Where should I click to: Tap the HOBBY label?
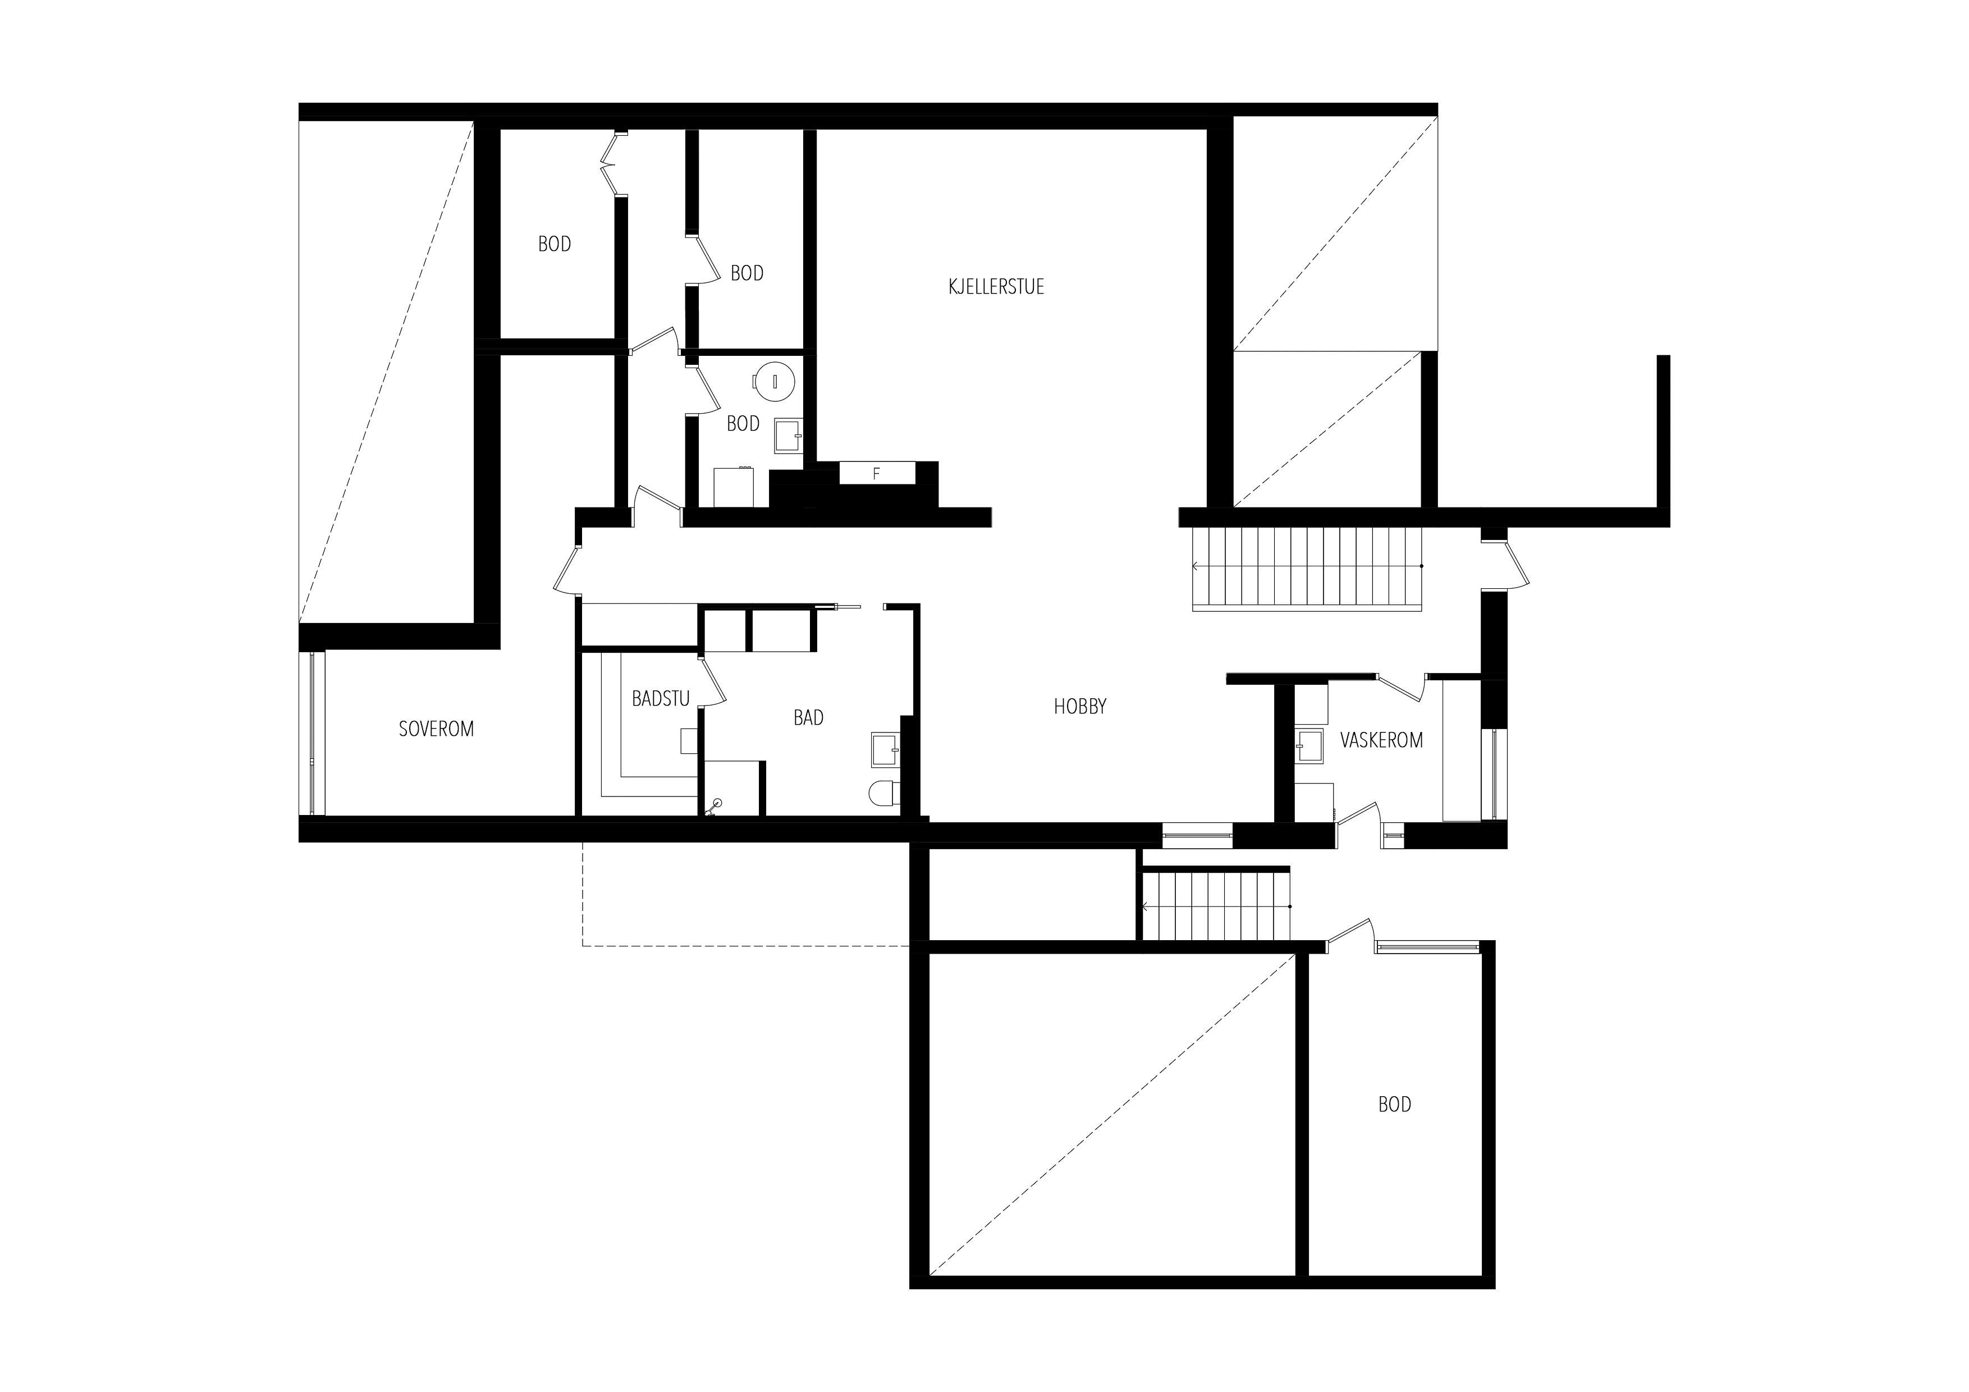pos(1080,707)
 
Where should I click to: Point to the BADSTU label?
pos(660,699)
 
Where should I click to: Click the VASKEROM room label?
pos(1381,740)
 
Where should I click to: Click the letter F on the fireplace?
pos(876,473)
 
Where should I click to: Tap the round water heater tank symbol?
pos(775,380)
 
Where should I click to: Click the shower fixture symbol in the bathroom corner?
pos(715,806)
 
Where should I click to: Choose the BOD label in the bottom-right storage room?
pos(1394,1105)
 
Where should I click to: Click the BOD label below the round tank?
pos(743,424)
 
